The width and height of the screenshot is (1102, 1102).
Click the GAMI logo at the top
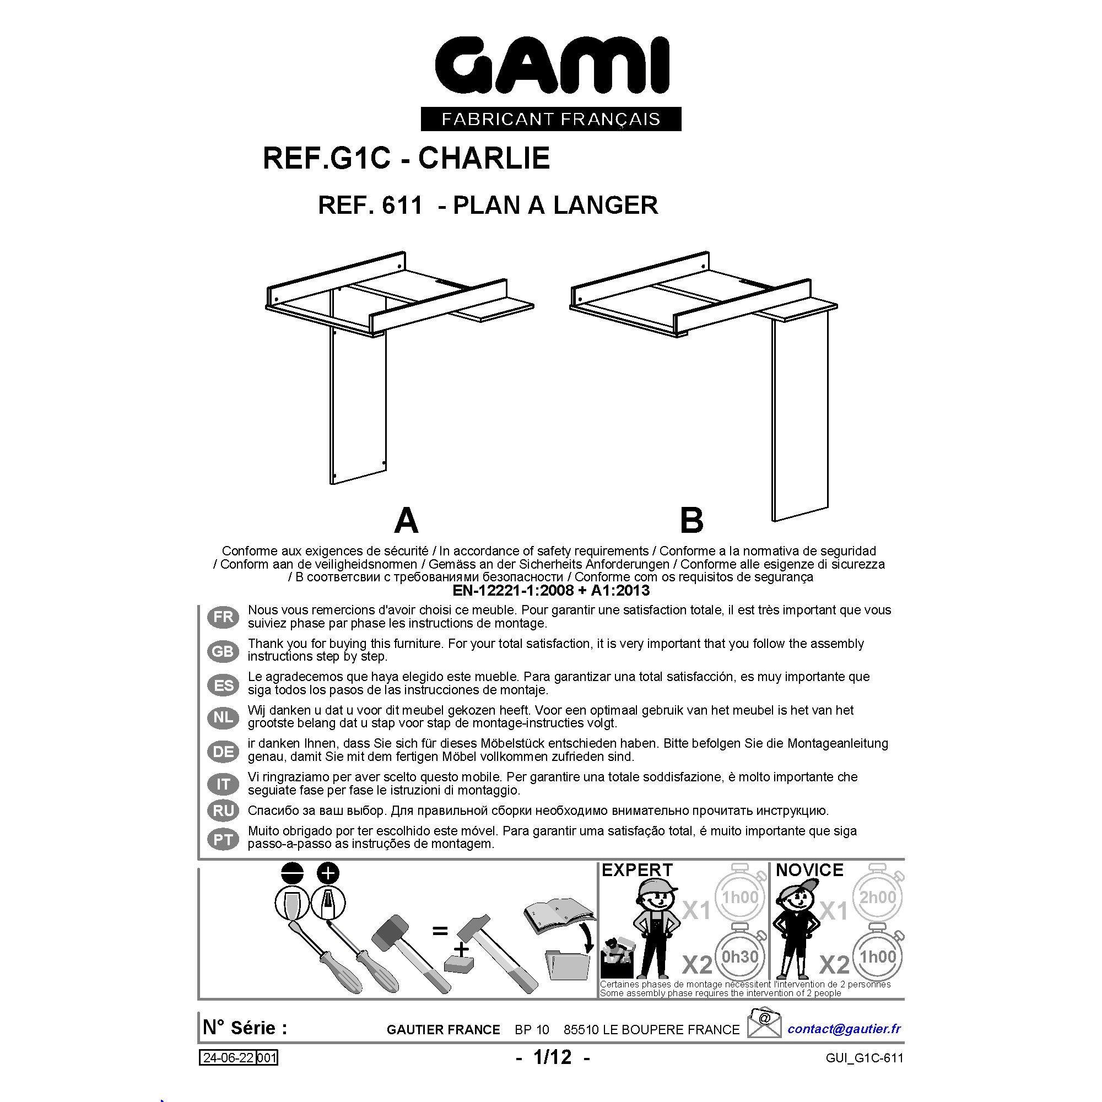tap(552, 65)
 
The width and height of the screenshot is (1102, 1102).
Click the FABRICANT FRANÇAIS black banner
tap(551, 118)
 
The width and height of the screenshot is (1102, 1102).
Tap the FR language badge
tap(223, 617)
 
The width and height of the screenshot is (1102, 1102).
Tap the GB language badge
tap(223, 651)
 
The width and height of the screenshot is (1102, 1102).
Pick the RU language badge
tap(223, 811)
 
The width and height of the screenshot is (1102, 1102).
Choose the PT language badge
tap(223, 840)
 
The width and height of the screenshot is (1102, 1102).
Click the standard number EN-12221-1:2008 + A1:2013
tap(551, 590)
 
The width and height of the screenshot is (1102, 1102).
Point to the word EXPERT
tap(637, 870)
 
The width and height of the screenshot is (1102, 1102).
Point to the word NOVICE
tap(809, 870)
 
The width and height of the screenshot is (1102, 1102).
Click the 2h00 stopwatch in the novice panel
tap(877, 896)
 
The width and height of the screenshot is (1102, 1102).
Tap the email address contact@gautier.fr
tap(844, 1028)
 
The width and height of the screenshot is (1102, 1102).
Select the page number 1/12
tap(552, 1057)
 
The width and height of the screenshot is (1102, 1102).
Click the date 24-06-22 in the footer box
tap(228, 1058)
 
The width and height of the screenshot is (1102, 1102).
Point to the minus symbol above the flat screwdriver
tap(292, 873)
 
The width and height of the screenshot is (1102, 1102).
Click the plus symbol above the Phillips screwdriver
tap(327, 873)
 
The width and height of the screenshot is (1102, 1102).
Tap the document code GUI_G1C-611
tap(864, 1058)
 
